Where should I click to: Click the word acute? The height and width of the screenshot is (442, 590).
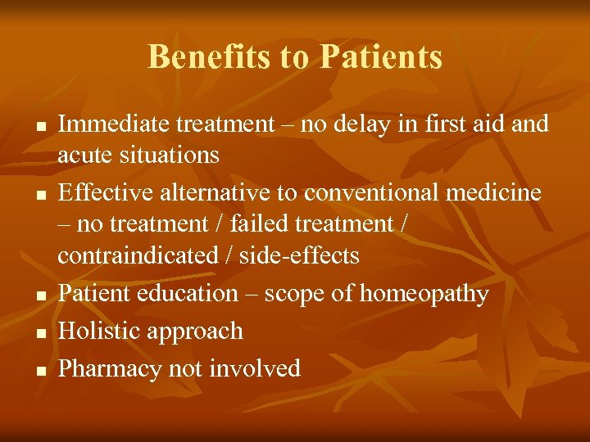pyautogui.click(x=82, y=155)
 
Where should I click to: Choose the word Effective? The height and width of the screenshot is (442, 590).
pyautogui.click(x=102, y=192)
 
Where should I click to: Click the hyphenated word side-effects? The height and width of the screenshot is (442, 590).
pyautogui.click(x=300, y=255)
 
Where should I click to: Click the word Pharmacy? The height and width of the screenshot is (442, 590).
pyautogui.click(x=110, y=369)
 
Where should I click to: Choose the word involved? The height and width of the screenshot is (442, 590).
pyautogui.click(x=254, y=369)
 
